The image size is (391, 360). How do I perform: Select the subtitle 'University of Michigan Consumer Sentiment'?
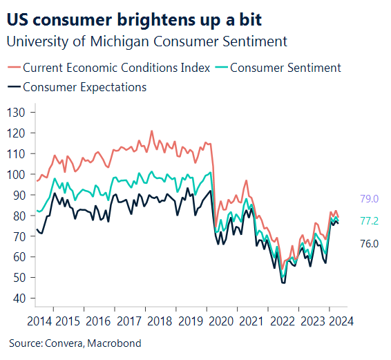pos(146,41)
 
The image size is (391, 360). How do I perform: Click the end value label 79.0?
pos(370,199)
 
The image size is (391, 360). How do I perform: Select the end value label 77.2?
pos(370,221)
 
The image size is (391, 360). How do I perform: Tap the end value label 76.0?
pos(370,243)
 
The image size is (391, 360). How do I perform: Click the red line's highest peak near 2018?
pos(152,131)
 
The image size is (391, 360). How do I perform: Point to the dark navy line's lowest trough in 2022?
pos(283,283)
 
